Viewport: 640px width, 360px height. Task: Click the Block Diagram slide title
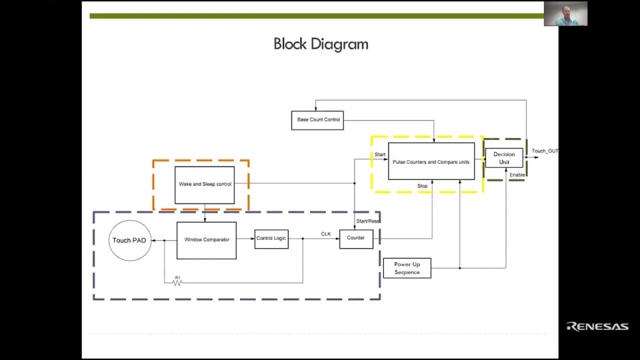(321, 45)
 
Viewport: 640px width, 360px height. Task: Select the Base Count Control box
(317, 120)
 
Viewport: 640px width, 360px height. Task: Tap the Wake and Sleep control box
(205, 184)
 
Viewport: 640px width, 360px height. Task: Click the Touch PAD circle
(131, 241)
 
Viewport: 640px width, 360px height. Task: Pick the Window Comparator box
(206, 240)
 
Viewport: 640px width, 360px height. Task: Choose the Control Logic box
(271, 238)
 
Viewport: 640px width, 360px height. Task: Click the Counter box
(356, 238)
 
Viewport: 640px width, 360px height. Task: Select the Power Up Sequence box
(407, 268)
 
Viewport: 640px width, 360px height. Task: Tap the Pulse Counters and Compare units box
(431, 161)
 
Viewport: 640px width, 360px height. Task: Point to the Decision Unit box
(504, 158)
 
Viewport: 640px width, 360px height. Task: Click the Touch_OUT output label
(545, 151)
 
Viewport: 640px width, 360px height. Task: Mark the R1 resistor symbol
(178, 283)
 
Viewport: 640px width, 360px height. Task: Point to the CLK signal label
(326, 234)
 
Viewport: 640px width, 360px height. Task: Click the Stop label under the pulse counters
(423, 185)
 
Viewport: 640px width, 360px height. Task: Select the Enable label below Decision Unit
(517, 175)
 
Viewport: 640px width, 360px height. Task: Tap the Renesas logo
(597, 326)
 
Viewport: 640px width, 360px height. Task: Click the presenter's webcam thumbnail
(565, 13)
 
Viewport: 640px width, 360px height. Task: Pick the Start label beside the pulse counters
(380, 155)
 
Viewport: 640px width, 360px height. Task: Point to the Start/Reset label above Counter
(368, 221)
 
